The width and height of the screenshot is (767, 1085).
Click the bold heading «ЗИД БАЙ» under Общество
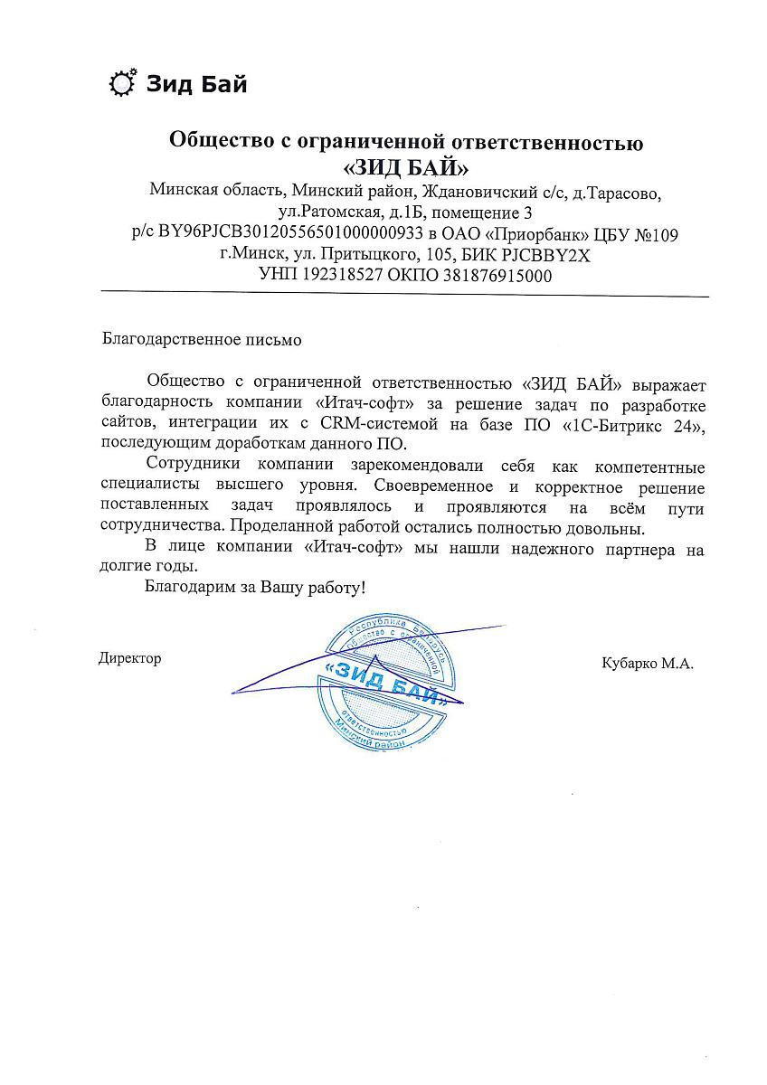(406, 167)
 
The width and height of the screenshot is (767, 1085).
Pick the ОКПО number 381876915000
(497, 276)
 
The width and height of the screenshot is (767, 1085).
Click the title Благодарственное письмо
(200, 341)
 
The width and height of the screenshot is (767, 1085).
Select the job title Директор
(129, 658)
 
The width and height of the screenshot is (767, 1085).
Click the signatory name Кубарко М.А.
(647, 664)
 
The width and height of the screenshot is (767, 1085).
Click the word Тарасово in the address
(634, 193)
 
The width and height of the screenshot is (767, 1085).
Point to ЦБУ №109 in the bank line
(639, 234)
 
